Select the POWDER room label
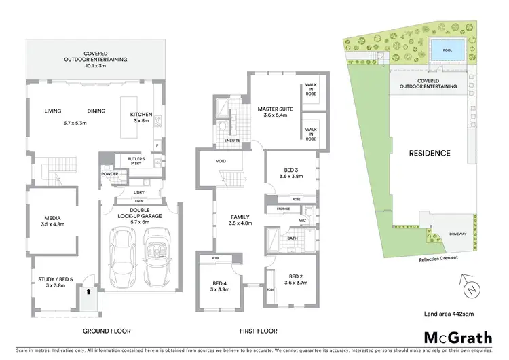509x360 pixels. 110,174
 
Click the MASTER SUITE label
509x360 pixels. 274,108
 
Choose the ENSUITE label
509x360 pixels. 232,141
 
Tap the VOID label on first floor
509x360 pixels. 221,161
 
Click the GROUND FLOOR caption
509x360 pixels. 107,331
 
